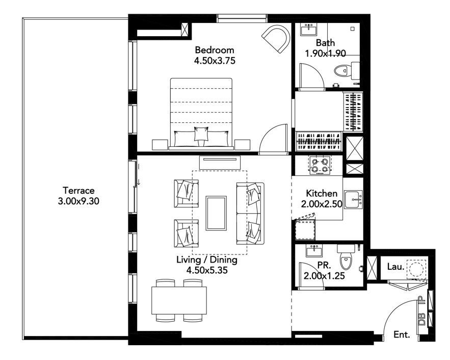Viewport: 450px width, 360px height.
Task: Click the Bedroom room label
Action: point(215,50)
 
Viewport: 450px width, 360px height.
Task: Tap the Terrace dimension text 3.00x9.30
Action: point(78,201)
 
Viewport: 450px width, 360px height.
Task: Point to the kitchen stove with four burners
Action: point(320,165)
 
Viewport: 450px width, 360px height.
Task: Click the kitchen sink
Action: point(354,199)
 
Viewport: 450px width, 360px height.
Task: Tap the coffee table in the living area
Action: point(216,213)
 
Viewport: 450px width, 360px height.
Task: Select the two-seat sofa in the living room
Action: point(250,213)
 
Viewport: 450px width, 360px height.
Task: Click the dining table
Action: point(179,300)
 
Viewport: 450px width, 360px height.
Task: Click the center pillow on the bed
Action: point(201,134)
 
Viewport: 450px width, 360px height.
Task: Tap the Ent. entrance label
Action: point(402,335)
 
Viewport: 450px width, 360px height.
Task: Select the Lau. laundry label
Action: point(395,267)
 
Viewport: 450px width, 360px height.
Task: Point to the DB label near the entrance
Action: point(421,319)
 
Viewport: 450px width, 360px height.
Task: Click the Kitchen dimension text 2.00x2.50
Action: point(322,204)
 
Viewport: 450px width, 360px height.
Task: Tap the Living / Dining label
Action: point(206,260)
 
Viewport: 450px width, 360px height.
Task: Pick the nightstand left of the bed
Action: point(160,144)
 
